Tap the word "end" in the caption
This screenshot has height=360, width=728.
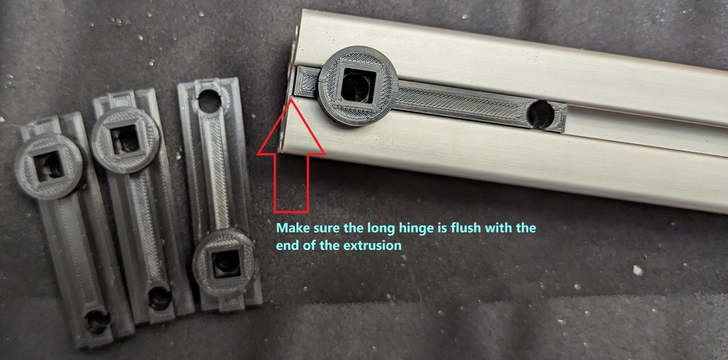click(x=286, y=245)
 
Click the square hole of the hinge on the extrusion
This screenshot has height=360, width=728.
click(x=358, y=86)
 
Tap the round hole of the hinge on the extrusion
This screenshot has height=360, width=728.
click(x=541, y=114)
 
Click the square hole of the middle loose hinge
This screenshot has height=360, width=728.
click(x=126, y=140)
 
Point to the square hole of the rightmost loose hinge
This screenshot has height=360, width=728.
click(x=226, y=263)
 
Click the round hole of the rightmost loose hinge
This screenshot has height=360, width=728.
click(x=210, y=101)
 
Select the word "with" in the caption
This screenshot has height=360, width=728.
click(x=503, y=228)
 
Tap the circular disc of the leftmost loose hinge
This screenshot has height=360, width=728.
click(x=49, y=167)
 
